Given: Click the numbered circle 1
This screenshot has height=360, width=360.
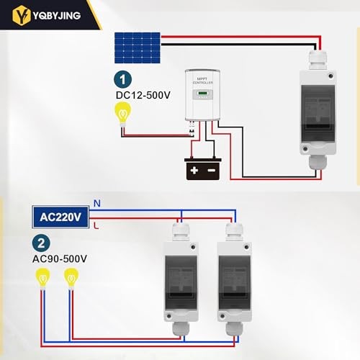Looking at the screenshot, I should (123, 79).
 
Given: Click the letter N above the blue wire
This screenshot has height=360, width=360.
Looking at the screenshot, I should (96, 204).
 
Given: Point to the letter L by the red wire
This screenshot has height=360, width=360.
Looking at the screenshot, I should (96, 226).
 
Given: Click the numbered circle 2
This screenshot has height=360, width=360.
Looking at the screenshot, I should (42, 243).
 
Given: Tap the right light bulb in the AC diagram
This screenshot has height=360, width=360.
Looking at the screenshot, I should (71, 276).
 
